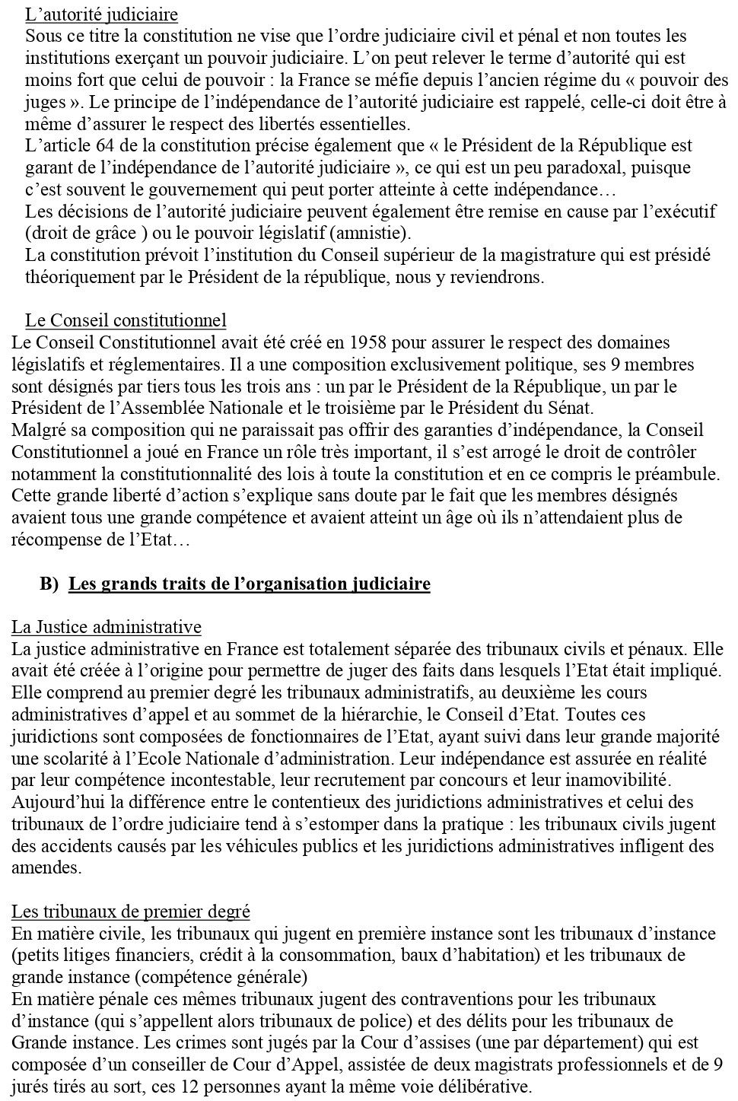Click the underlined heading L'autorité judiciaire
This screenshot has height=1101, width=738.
click(101, 14)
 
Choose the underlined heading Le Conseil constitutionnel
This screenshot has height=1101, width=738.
click(126, 320)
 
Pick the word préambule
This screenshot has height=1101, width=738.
click(676, 474)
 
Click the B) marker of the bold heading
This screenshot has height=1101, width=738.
click(49, 584)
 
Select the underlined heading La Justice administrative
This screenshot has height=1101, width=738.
click(107, 628)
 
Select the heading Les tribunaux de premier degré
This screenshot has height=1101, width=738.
click(131, 912)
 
